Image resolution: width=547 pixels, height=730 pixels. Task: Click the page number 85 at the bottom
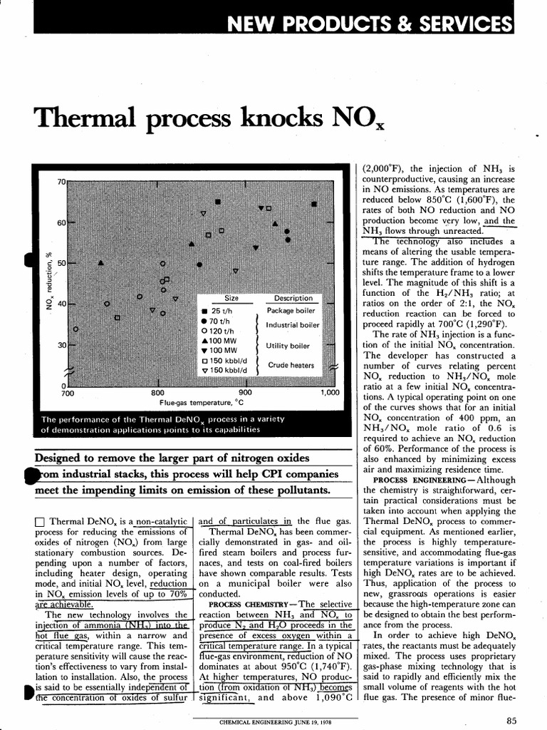pyautogui.click(x=511, y=720)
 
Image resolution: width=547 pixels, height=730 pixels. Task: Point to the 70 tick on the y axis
pyautogui.click(x=61, y=182)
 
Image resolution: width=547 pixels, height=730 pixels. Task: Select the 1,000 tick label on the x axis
pyautogui.click(x=331, y=393)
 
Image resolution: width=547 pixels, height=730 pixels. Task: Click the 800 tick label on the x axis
pyautogui.click(x=158, y=393)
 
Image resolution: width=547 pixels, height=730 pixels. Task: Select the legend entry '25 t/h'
pyautogui.click(x=220, y=311)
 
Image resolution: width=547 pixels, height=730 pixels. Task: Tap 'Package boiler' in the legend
pyautogui.click(x=291, y=311)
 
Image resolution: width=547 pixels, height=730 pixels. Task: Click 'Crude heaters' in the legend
pyautogui.click(x=291, y=365)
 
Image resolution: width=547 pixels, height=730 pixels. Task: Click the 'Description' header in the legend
pyautogui.click(x=293, y=298)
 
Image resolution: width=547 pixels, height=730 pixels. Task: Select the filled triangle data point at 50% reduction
pyautogui.click(x=100, y=262)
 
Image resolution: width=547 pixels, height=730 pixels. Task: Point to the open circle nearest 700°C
pyautogui.click(x=75, y=329)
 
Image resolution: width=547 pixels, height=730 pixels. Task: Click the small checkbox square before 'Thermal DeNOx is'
pyautogui.click(x=39, y=522)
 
